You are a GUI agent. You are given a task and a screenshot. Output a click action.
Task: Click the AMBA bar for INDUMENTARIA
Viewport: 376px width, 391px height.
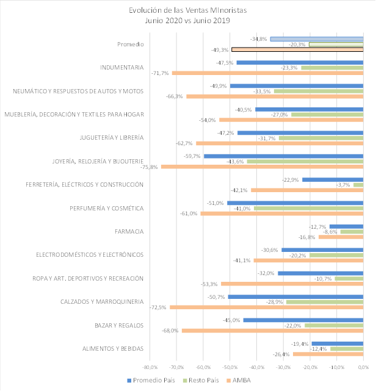tap(267, 73)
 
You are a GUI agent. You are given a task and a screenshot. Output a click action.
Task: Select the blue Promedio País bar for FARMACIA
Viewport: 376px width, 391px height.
tap(346, 226)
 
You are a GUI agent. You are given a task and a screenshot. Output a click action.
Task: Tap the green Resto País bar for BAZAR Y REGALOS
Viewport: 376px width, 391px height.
tap(334, 325)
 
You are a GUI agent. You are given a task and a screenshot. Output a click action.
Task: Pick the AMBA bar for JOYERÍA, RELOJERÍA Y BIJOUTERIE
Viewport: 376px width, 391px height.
tap(262, 167)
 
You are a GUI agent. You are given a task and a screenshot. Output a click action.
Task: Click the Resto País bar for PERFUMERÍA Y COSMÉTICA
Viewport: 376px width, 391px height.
tap(308, 208)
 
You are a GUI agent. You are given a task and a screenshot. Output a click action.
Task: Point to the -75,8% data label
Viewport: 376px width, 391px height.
tap(150, 167)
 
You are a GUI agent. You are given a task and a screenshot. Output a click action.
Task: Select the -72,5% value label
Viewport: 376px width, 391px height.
tap(159, 307)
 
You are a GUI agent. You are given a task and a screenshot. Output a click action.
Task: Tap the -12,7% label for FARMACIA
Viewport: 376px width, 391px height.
tap(318, 226)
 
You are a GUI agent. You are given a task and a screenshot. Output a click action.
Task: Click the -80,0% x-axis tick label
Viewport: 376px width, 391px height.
tap(150, 367)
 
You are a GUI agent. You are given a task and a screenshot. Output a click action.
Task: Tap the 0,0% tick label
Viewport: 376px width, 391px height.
tap(364, 367)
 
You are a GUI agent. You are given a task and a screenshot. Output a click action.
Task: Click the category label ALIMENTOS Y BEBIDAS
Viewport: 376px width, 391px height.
tap(113, 348)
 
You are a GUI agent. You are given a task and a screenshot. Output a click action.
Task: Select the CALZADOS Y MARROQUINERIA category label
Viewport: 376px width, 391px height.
tap(102, 302)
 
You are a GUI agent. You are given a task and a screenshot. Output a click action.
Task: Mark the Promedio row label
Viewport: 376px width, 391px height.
tap(130, 45)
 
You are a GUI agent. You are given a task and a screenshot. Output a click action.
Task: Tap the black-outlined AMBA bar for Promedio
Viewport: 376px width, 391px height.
tap(297, 49)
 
